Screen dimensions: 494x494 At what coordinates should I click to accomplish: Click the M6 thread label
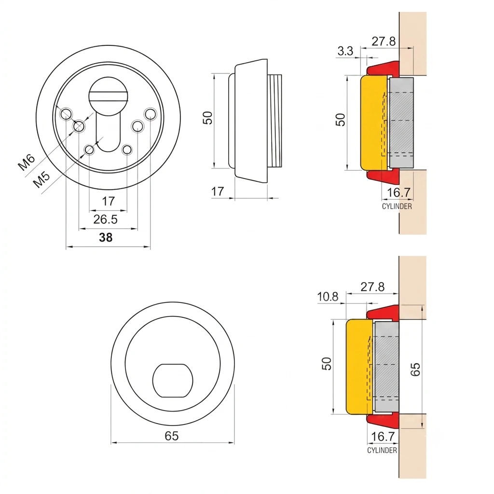click(27, 162)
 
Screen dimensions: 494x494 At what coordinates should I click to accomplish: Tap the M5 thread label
click(41, 179)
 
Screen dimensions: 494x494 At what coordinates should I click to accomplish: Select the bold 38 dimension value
click(106, 237)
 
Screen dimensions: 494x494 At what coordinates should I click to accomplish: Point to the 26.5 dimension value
click(105, 220)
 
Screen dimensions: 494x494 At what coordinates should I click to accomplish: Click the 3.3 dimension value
click(345, 51)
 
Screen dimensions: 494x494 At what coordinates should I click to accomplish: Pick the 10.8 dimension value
click(328, 297)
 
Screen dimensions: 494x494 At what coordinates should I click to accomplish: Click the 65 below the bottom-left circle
click(172, 436)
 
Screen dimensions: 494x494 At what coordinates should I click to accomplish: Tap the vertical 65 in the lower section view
click(415, 369)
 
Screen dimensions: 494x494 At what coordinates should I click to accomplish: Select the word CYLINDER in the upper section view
click(397, 206)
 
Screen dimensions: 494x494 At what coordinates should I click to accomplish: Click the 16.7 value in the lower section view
click(383, 437)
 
